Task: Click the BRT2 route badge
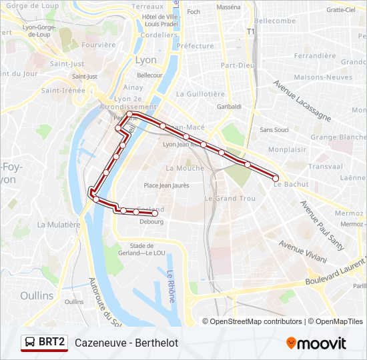coord(45,343)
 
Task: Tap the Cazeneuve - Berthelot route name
coord(126,343)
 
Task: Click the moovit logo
coord(316,343)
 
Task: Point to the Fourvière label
coord(80,45)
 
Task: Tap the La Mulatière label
coord(59,225)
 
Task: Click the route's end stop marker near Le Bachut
coord(275,178)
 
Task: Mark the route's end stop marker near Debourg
coord(155,213)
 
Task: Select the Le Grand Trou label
coord(230,199)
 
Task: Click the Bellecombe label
coord(274,21)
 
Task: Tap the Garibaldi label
coord(229,107)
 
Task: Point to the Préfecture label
coord(195,46)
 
